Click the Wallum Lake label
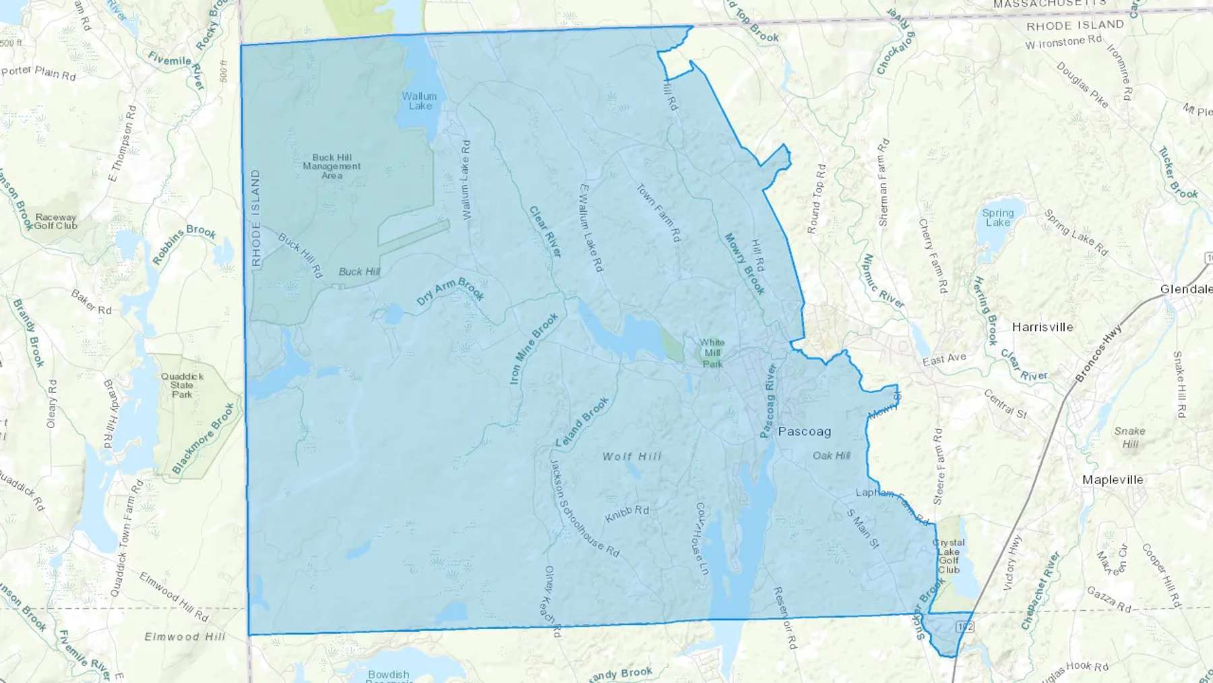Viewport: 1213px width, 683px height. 419,101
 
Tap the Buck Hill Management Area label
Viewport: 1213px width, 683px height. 332,167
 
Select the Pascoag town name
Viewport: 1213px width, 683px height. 804,432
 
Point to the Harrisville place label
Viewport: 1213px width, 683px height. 1042,328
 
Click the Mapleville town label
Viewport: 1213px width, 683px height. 1112,480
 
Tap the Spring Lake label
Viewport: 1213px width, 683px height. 997,218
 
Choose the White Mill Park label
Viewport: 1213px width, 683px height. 712,353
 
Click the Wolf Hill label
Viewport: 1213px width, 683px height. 631,456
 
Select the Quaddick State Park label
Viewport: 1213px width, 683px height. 182,386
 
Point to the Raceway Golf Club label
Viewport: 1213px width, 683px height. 56,222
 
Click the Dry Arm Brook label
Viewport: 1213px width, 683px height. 450,291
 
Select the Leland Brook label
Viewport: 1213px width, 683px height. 582,422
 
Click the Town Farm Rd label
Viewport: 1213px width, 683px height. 659,213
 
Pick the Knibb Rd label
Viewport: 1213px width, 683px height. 627,514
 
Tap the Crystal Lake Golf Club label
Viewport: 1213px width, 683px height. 949,556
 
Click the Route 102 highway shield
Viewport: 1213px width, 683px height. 964,626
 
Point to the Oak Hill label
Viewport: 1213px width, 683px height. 831,456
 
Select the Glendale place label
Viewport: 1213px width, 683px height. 1185,289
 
